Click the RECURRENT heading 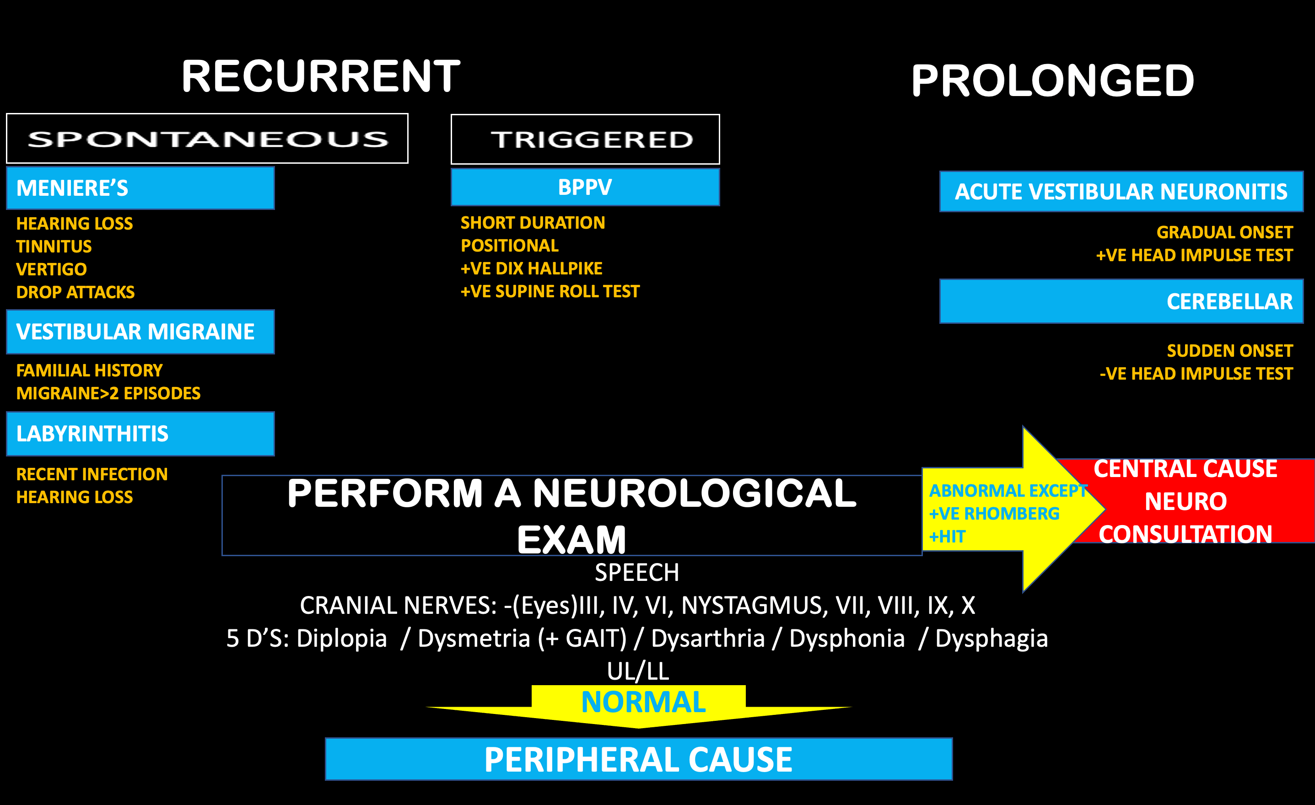point(320,76)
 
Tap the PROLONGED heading point(1052,80)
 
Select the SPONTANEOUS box point(207,139)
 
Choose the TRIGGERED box point(585,139)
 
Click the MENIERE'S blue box point(140,188)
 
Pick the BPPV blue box point(585,187)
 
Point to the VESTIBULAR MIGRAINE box point(140,332)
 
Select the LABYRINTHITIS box point(140,434)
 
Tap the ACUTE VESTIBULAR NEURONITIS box point(1121,192)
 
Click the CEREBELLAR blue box point(1121,301)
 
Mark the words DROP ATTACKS point(75,292)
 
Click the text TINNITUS point(54,247)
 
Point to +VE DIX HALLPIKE point(531,268)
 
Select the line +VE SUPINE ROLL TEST point(550,291)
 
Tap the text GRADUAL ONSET point(1224,233)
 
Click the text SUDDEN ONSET point(1229,351)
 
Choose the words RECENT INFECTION point(92,474)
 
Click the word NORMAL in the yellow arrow point(643,702)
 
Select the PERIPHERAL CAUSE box point(638,759)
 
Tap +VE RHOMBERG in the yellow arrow point(994,514)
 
